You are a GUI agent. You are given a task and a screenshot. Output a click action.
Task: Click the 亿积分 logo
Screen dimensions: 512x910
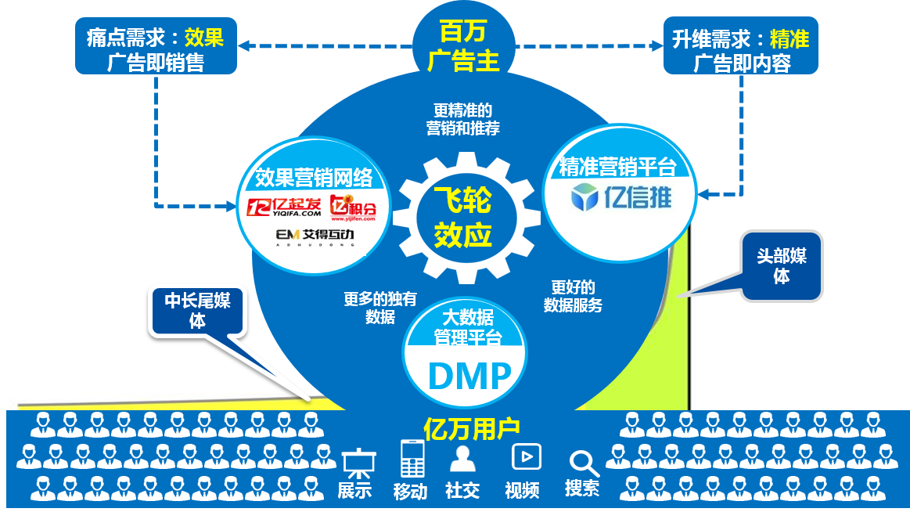[353, 207]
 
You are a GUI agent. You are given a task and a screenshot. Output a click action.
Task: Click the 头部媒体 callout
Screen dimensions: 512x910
[781, 266]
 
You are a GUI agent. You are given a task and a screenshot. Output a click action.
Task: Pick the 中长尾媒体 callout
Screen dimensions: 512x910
[197, 311]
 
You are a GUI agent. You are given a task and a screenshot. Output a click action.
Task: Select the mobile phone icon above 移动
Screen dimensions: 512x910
[412, 459]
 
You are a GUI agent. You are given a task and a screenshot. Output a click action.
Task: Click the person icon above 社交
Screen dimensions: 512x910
[462, 458]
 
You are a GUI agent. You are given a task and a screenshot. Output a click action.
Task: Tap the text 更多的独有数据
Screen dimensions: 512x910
[379, 308]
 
